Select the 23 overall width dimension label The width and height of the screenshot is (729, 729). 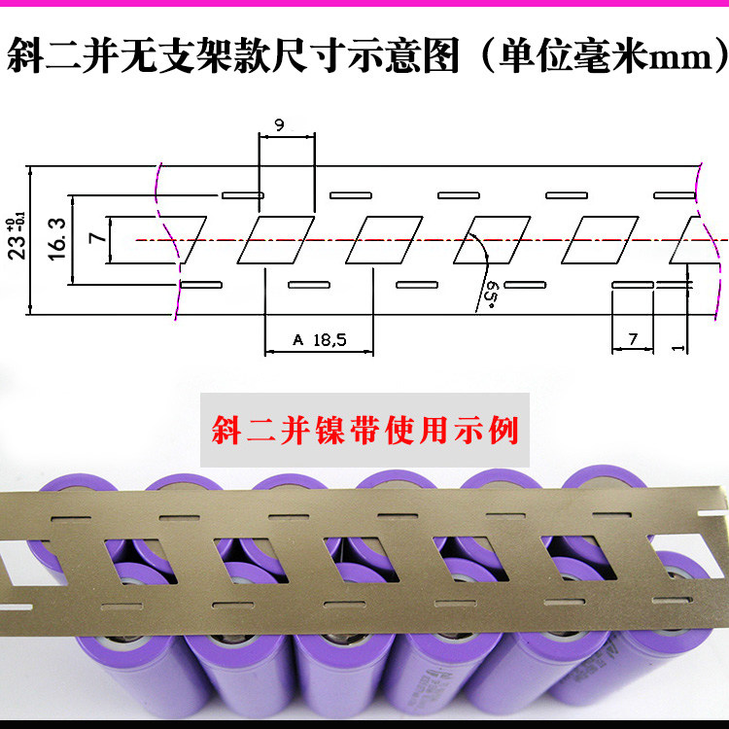(17, 237)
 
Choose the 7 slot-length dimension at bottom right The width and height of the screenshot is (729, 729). (633, 338)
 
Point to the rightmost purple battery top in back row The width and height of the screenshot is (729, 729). (602, 482)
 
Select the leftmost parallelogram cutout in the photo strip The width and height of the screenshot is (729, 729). (131, 558)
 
